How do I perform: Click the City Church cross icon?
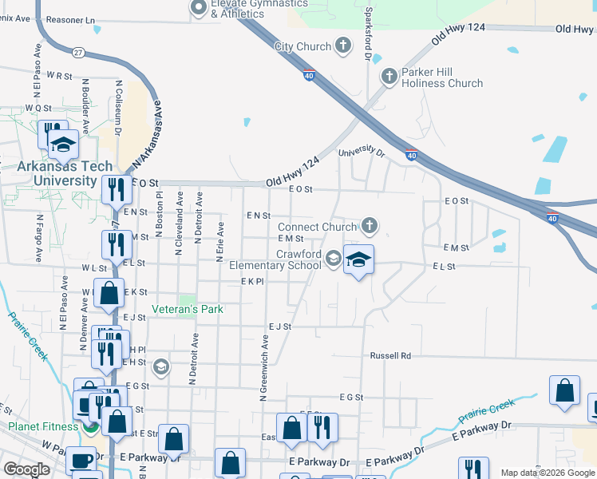(x=344, y=46)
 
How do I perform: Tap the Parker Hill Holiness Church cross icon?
(x=389, y=77)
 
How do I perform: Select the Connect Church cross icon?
(x=369, y=227)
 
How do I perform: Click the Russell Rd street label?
(x=389, y=355)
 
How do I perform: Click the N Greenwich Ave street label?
(x=263, y=366)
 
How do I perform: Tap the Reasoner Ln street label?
(x=70, y=19)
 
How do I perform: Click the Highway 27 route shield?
(x=78, y=53)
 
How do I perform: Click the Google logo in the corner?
(x=26, y=469)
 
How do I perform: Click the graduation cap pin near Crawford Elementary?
(x=359, y=259)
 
